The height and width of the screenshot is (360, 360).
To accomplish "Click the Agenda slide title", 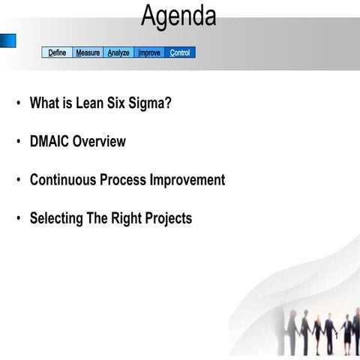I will coord(178,16).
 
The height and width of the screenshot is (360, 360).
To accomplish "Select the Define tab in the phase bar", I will coord(57,53).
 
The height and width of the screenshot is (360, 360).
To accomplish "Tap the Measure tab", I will coord(88,53).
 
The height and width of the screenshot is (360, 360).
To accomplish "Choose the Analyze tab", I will coord(118,53).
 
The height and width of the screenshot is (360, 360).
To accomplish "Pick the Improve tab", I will coord(149,53).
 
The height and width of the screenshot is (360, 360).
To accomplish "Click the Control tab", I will coord(180,53).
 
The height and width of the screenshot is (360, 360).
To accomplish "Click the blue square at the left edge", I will coord(7,40).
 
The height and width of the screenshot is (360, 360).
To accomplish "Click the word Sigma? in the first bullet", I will coord(153,103).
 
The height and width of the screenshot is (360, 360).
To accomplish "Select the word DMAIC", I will coord(49,142).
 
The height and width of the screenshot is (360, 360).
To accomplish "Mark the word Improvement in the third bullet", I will coord(187,181).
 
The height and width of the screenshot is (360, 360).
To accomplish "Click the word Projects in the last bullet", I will coord(168,219).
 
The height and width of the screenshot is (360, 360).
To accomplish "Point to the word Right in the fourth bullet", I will coord(126,219).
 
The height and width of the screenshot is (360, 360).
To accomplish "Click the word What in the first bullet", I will coord(44,103).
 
